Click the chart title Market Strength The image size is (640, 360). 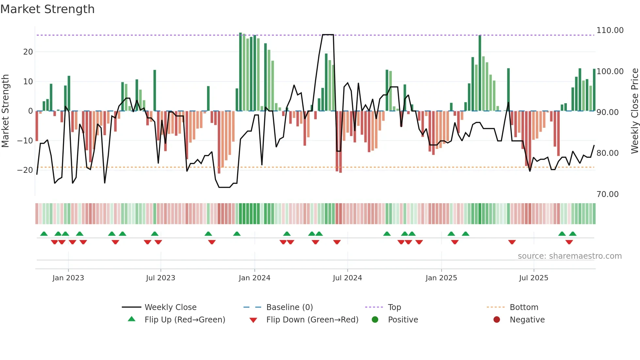pos(47,9)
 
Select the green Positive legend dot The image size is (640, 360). pos(375,320)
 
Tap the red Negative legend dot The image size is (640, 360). pos(497,320)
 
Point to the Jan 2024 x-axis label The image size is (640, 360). pos(254,278)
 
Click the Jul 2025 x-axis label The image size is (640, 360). pos(534,278)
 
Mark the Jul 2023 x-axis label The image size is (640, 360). pos(160,278)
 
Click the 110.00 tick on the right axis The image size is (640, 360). pos(610,30)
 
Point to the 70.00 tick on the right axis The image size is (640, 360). pos(607,194)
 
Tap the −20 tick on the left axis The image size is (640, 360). pos(25,170)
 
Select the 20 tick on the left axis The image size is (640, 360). pos(28,52)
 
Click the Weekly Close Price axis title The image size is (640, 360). pos(634,111)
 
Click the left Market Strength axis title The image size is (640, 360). pos(5,111)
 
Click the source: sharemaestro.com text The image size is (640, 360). pos(569,256)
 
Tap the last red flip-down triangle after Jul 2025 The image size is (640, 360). pos(569,242)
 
